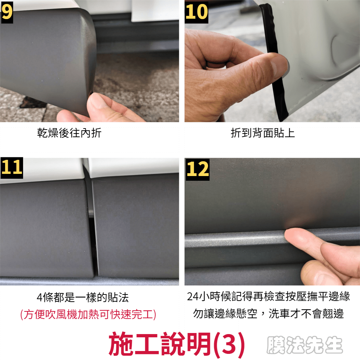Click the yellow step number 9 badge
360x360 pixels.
7,12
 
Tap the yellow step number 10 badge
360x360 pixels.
197,12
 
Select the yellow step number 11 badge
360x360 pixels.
12,168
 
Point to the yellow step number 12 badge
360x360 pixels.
197,170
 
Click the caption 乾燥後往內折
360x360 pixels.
69,133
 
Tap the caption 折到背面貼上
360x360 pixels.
263,133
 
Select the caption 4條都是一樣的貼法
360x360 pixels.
83,297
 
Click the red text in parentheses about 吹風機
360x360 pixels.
88,314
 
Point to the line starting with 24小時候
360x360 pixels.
268,296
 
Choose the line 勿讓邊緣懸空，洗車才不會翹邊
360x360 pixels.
268,314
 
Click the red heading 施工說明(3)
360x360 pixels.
177,344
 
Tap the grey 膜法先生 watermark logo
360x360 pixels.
305,345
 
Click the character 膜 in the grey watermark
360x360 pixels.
275,345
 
